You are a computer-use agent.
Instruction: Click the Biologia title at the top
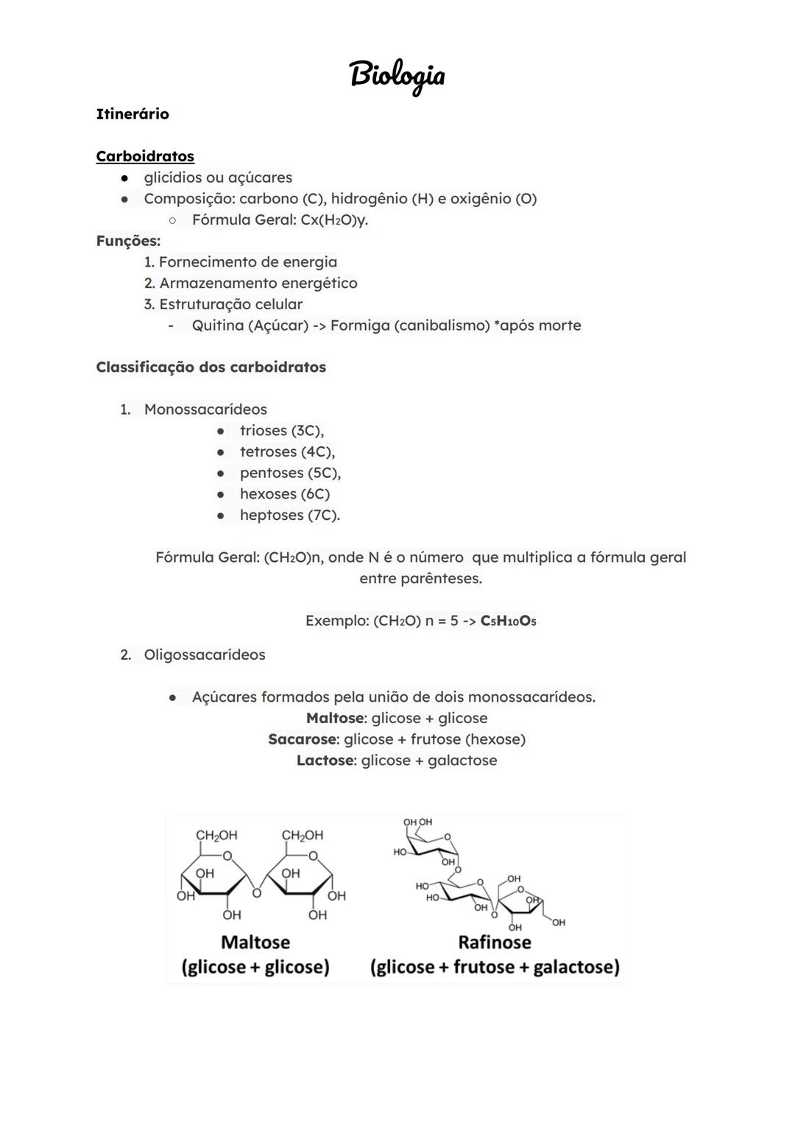pyautogui.click(x=397, y=76)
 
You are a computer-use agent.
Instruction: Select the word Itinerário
pyautogui.click(x=132, y=114)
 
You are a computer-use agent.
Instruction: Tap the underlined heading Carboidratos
pyautogui.click(x=145, y=156)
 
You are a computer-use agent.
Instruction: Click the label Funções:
pyautogui.click(x=128, y=241)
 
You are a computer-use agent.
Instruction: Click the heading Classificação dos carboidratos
pyautogui.click(x=211, y=367)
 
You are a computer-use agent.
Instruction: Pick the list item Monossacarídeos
pyautogui.click(x=205, y=409)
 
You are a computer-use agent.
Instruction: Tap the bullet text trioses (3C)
pyautogui.click(x=281, y=431)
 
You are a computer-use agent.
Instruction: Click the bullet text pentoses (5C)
pyautogui.click(x=289, y=473)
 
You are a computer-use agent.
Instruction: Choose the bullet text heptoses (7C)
pyautogui.click(x=289, y=515)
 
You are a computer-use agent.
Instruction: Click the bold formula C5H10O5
pyautogui.click(x=508, y=621)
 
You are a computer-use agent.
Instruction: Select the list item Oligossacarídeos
pyautogui.click(x=205, y=655)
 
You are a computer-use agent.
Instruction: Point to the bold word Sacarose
pyautogui.click(x=302, y=739)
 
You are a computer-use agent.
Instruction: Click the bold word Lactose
pyautogui.click(x=326, y=761)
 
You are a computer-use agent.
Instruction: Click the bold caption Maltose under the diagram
pyautogui.click(x=255, y=942)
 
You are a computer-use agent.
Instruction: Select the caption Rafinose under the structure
pyautogui.click(x=494, y=942)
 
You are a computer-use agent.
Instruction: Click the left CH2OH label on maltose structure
pyautogui.click(x=216, y=835)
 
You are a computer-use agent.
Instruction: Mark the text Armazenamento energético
pyautogui.click(x=258, y=284)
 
